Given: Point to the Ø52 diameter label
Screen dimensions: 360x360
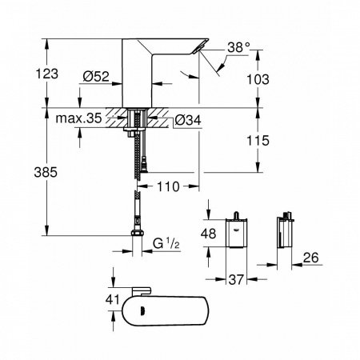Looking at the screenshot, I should pyautogui.click(x=95, y=78).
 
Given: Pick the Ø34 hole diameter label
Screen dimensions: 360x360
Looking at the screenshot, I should pyautogui.click(x=188, y=121).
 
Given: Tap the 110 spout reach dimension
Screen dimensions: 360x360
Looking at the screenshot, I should pyautogui.click(x=167, y=185).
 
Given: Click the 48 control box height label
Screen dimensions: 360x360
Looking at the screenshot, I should pyautogui.click(x=207, y=235).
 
